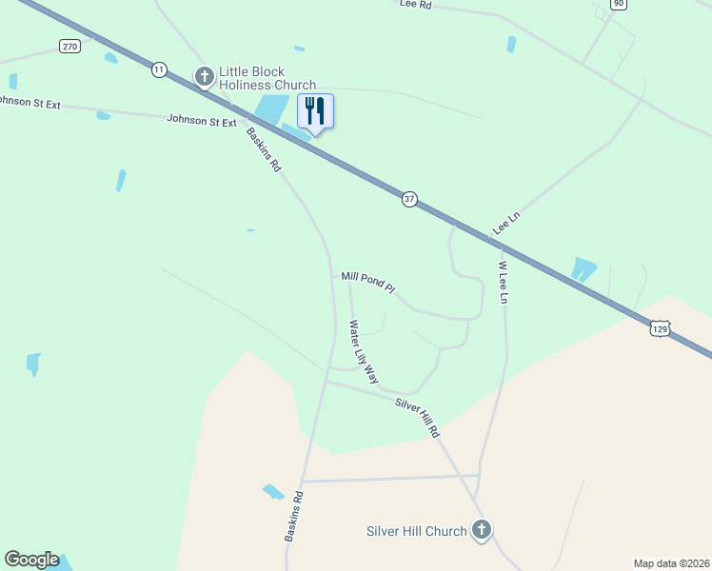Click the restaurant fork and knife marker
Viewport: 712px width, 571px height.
pyautogui.click(x=316, y=111)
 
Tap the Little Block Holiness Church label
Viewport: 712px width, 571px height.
pyautogui.click(x=267, y=77)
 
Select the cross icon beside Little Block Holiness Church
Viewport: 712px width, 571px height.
pyautogui.click(x=204, y=75)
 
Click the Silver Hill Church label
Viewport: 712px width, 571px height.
pyautogui.click(x=417, y=531)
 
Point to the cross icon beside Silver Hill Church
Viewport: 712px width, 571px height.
pyautogui.click(x=482, y=530)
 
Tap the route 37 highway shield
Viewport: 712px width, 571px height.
pyautogui.click(x=409, y=199)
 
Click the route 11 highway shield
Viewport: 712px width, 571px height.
pyautogui.click(x=158, y=69)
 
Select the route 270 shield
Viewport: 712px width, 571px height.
pyautogui.click(x=69, y=47)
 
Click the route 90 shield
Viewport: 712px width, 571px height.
pyautogui.click(x=619, y=4)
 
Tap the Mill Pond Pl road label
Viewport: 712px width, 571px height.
pyautogui.click(x=367, y=282)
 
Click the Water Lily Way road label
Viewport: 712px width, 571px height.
pyautogui.click(x=363, y=351)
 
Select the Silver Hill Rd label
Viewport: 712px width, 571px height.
pyautogui.click(x=419, y=417)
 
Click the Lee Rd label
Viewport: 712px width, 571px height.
pyautogui.click(x=416, y=5)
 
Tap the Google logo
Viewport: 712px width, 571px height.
pyautogui.click(x=31, y=560)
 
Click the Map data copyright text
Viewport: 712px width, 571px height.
pyautogui.click(x=672, y=562)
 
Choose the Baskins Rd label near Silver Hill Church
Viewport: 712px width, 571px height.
pyautogui.click(x=293, y=517)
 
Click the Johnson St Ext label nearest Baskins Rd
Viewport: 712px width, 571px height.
pyautogui.click(x=201, y=121)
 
